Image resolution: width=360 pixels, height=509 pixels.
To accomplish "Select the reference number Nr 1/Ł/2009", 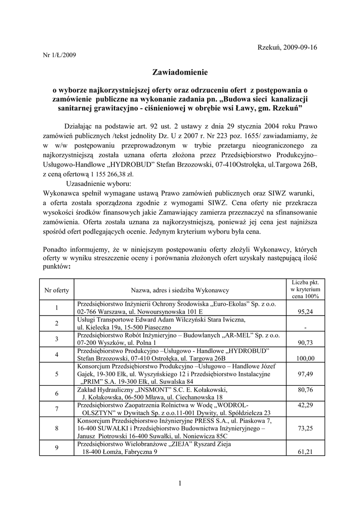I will pyautogui.click(x=60, y=55).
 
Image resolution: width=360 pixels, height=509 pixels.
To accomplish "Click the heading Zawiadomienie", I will pyautogui.click(x=180, y=73).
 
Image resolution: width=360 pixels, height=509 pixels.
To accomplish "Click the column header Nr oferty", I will pyautogui.click(x=57, y=289).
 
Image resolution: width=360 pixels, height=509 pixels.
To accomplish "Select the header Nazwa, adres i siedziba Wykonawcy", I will pyautogui.click(x=180, y=289).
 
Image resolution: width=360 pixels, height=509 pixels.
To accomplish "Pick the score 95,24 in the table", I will pyautogui.click(x=305, y=312).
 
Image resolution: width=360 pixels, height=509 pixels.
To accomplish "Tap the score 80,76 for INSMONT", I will pyautogui.click(x=305, y=390).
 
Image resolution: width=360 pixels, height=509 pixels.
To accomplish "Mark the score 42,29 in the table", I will pyautogui.click(x=305, y=405).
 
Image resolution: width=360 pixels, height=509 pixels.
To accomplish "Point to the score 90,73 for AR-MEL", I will pyautogui.click(x=305, y=342).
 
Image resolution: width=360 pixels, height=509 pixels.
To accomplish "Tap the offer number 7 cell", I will pyautogui.click(x=57, y=409).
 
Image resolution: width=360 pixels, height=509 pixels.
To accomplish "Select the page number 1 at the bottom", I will pyautogui.click(x=180, y=483).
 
